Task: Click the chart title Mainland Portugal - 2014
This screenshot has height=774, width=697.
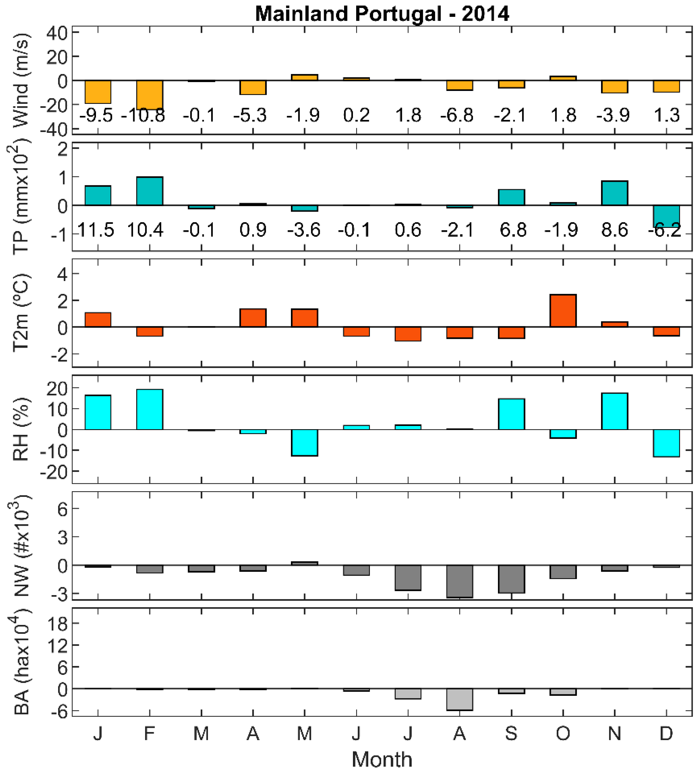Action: point(382,14)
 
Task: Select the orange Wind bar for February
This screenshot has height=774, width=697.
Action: point(150,94)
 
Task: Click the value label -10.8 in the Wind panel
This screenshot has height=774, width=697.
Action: point(143,115)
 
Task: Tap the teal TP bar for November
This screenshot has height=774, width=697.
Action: point(614,193)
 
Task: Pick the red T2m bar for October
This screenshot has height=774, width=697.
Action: point(563,311)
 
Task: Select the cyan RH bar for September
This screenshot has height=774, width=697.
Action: point(511,414)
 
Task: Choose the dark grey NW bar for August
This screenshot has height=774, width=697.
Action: point(460,581)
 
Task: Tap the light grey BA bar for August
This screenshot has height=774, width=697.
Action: point(460,699)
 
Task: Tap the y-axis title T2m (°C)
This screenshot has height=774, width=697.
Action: point(21,312)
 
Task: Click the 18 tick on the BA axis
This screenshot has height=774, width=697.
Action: point(56,624)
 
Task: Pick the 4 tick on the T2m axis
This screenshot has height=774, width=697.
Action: point(62,274)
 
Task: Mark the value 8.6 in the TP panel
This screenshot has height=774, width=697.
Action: point(614,230)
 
